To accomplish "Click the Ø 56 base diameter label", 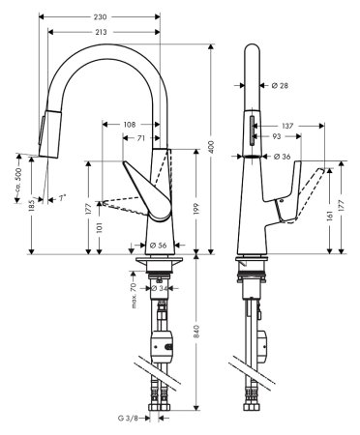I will (x=160, y=245).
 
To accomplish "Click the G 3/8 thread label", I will (x=125, y=419).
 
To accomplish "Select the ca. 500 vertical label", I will (x=19, y=179).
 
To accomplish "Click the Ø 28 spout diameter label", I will (x=278, y=86).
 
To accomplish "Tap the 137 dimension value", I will (x=286, y=125).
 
